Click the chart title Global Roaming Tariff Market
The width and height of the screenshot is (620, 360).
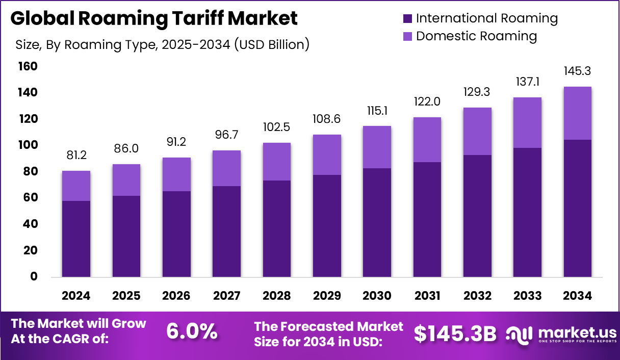pyautogui.click(x=153, y=19)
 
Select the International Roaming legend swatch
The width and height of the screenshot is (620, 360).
pyautogui.click(x=406, y=19)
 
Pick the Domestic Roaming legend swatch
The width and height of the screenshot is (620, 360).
pyautogui.click(x=406, y=36)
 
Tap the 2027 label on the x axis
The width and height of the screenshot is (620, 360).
pyautogui.click(x=226, y=296)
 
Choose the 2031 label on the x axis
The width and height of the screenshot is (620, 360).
pyautogui.click(x=427, y=296)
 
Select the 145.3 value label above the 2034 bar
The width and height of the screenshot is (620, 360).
pyautogui.click(x=578, y=71)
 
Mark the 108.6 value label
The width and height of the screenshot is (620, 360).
pyautogui.click(x=326, y=119)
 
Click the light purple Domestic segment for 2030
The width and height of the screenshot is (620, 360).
pyautogui.click(x=377, y=147)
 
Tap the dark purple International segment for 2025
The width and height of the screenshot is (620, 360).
pyautogui.click(x=126, y=237)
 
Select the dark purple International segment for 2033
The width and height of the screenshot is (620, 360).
pyautogui.click(x=527, y=213)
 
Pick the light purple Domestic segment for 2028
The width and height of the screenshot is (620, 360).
pyautogui.click(x=276, y=162)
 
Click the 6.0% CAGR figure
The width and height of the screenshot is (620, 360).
pyautogui.click(x=192, y=332)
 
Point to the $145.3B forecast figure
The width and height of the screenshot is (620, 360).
pyautogui.click(x=455, y=333)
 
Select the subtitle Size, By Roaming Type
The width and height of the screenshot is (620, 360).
pyautogui.click(x=162, y=44)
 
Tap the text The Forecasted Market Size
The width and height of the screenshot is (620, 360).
pyautogui.click(x=328, y=333)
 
